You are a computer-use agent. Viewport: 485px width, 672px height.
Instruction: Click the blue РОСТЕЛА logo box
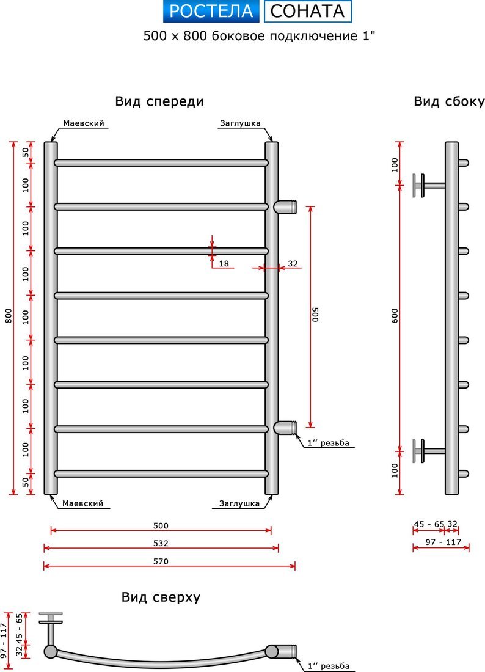[x=211, y=11]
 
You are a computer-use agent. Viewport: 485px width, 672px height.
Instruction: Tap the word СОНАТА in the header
[x=308, y=11]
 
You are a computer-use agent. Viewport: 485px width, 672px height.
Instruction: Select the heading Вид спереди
[x=159, y=101]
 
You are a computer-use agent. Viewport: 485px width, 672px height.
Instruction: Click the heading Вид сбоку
[x=448, y=101]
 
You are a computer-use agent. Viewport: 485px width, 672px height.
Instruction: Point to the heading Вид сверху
[x=161, y=597]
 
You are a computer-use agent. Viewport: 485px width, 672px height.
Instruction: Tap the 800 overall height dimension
[x=8, y=315]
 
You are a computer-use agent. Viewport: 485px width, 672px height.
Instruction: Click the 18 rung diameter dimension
[x=224, y=264]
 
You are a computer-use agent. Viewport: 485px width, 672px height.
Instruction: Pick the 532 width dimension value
[x=161, y=542]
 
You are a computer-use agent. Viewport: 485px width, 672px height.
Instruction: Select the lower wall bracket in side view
[x=425, y=451]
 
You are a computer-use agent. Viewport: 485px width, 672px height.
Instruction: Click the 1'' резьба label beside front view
[x=328, y=443]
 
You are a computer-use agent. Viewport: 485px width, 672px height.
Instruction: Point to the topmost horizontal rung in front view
[x=161, y=163]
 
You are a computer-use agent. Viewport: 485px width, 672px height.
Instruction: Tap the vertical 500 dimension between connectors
[x=315, y=315]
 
